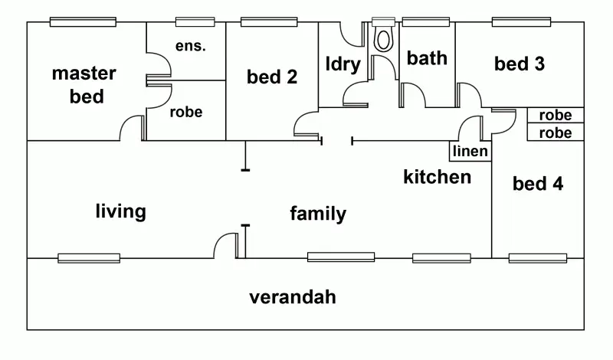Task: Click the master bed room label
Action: click(84, 84)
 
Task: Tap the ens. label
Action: click(190, 46)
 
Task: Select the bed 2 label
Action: click(272, 77)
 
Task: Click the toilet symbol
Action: click(382, 37)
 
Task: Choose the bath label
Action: click(426, 58)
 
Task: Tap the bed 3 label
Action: click(519, 64)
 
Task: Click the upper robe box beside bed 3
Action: click(556, 116)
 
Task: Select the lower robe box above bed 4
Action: click(556, 133)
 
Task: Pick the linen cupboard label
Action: click(470, 152)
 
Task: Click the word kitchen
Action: click(437, 177)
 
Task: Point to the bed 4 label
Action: click(537, 184)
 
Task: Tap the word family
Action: click(317, 214)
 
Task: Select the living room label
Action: click(120, 211)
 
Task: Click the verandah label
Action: click(293, 297)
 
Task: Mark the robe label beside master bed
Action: click(186, 113)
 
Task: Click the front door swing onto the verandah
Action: click(227, 246)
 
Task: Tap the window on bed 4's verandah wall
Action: click(537, 258)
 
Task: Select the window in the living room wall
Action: click(89, 258)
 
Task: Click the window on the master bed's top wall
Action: click(83, 21)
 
